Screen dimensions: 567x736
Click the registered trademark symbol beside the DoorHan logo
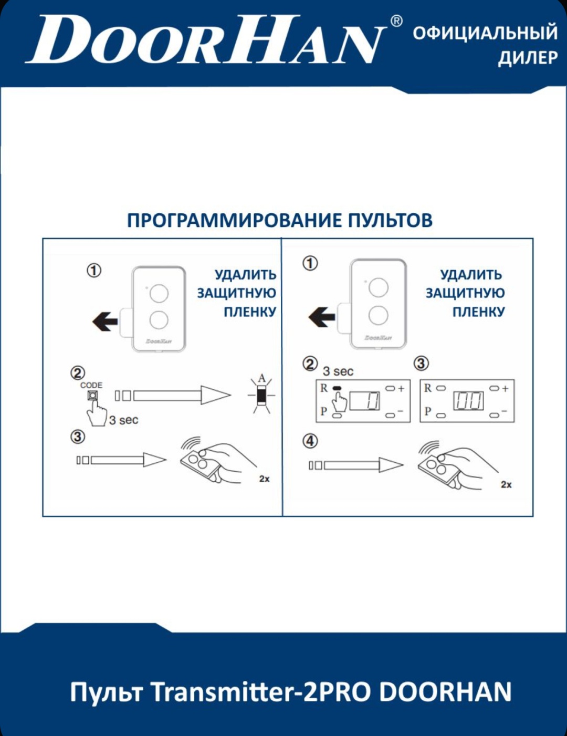point(397,22)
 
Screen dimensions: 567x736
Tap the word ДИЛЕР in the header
point(528,58)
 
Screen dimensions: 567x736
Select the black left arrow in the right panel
point(322,317)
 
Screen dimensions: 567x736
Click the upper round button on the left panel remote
point(159,293)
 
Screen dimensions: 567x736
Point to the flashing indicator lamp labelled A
point(261,395)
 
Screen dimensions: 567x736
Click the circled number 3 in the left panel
point(78,437)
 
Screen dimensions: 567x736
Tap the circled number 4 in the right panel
point(310,442)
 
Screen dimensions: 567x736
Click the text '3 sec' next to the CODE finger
point(123,420)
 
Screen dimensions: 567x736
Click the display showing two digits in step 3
point(468,401)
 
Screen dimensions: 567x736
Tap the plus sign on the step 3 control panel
point(505,388)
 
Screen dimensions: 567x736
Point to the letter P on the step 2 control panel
point(323,411)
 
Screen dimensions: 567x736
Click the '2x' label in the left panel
point(264,479)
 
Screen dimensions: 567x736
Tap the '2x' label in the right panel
point(506,485)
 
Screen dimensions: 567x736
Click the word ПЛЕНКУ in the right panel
point(479,312)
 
